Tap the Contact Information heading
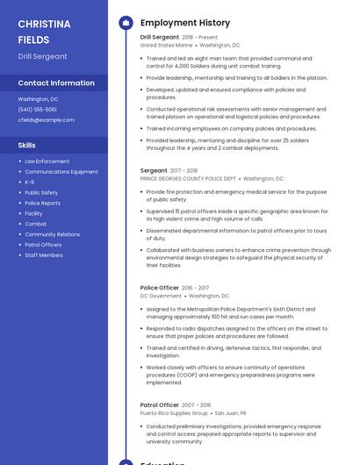[x=56, y=83]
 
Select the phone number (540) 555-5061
[x=37, y=110]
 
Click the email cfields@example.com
[x=46, y=119]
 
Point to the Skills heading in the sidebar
[x=27, y=145]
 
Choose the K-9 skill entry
[x=30, y=182]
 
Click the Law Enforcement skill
[x=47, y=161]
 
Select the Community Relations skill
[x=53, y=234]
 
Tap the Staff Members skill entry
[x=44, y=255]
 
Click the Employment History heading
[x=185, y=23]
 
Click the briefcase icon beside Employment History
[x=126, y=23]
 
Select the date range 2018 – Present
[x=200, y=38]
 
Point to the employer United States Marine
[x=166, y=45]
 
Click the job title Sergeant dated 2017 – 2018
[x=154, y=170]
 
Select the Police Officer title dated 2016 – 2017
[x=160, y=288]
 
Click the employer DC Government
[x=161, y=296]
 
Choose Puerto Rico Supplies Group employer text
[x=174, y=412]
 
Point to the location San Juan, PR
[x=230, y=412]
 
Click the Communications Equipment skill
[x=61, y=172]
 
